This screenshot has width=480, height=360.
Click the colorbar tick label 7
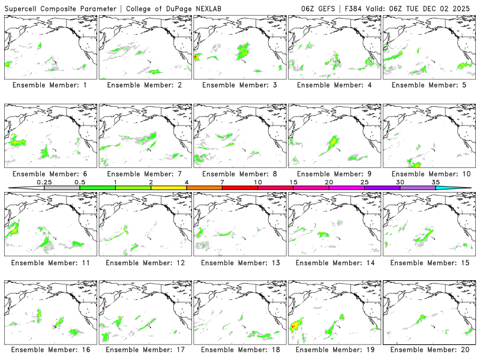pos(222,182)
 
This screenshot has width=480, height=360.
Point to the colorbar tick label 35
pos(436,182)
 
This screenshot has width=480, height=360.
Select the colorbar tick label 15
pos(293,182)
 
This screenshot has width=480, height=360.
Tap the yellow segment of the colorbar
pos(169,188)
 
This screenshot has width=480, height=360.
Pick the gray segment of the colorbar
pos(62,188)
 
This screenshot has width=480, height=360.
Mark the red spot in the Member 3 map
pos(196,57)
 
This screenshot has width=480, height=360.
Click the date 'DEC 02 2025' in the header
pos(448,8)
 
